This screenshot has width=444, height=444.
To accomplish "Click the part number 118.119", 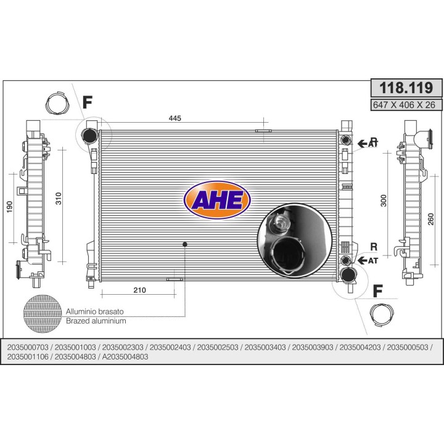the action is (x=406, y=88).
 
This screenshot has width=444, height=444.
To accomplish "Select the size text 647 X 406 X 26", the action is (x=404, y=105).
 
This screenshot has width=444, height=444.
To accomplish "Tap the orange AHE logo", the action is (x=217, y=200).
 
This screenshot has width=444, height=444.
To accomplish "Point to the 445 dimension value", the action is (x=175, y=118).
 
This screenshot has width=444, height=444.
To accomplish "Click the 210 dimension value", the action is (x=139, y=290).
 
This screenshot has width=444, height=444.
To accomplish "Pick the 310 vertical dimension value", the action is (x=58, y=199).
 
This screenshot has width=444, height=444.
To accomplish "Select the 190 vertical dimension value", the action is (x=9, y=207).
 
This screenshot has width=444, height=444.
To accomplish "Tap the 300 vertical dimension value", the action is (x=383, y=200).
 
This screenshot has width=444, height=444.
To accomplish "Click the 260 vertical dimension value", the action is (x=430, y=219).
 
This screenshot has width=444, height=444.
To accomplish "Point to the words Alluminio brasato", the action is (x=95, y=311).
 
